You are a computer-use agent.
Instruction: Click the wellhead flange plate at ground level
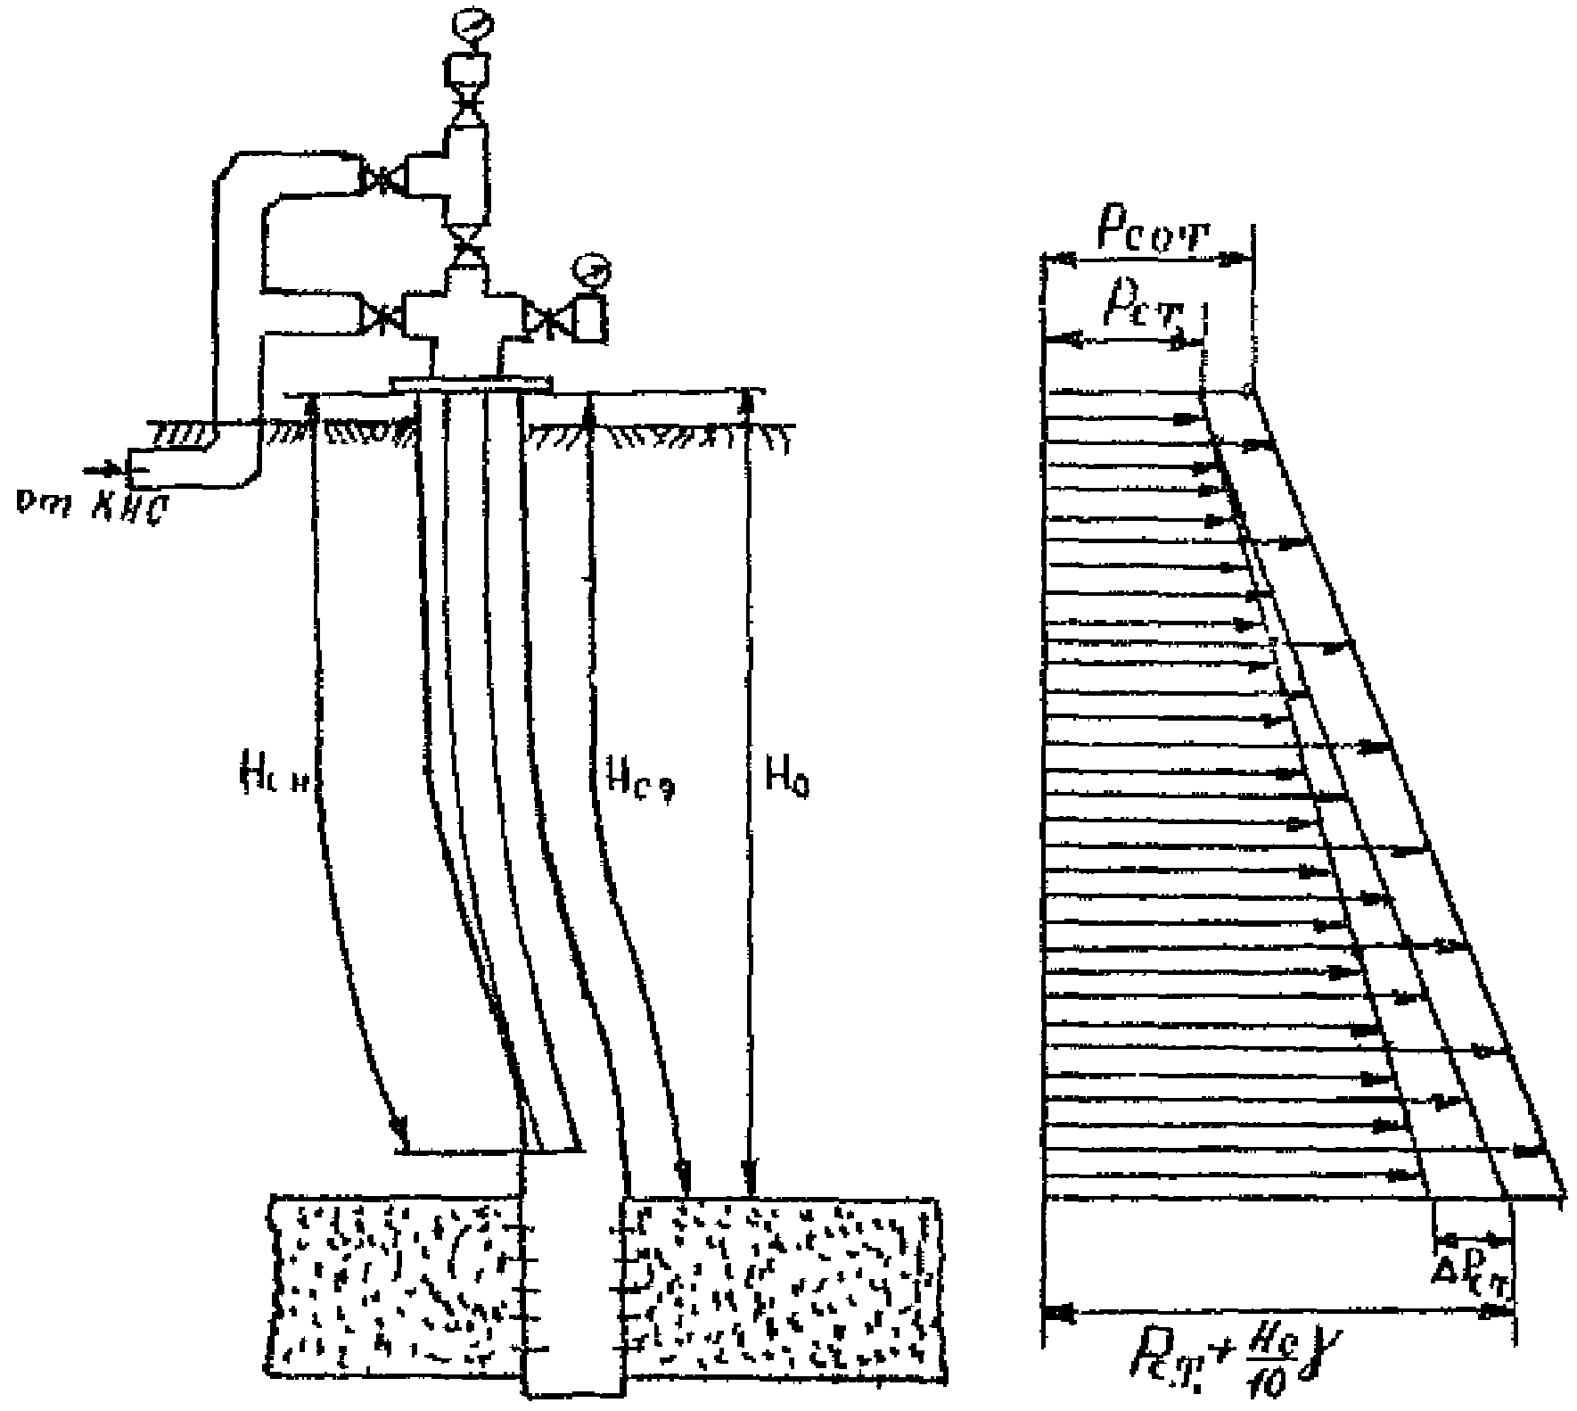pyautogui.click(x=472, y=384)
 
